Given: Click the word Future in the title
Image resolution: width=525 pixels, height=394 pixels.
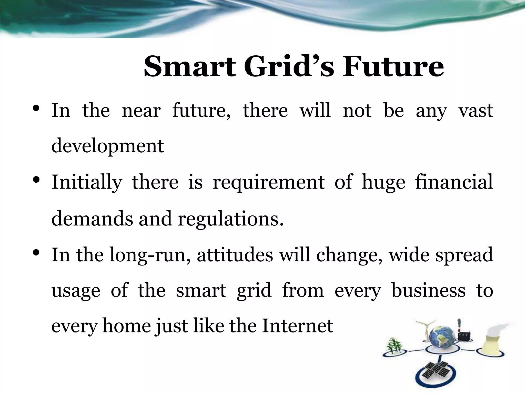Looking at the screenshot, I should pos(393,67).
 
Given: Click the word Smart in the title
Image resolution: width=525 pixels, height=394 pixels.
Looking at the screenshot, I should pos(189,67).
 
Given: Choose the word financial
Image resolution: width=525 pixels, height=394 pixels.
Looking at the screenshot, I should pos(454,182).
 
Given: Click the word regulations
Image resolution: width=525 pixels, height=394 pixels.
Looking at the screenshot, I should pos(231,219).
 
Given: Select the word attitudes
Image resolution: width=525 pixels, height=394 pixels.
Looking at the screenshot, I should pos(235,255).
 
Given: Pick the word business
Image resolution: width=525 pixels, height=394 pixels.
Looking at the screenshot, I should pos(428,291).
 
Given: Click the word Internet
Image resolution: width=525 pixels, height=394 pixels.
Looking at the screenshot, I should pos(297,326).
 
